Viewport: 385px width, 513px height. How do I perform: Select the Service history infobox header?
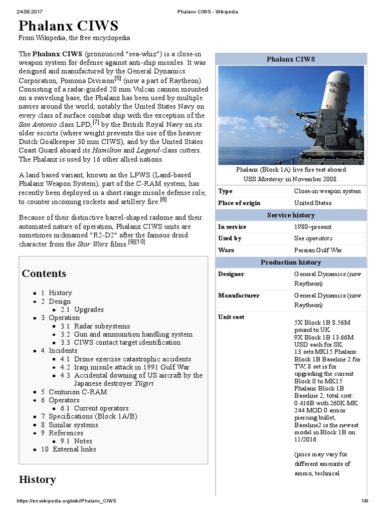(291, 215)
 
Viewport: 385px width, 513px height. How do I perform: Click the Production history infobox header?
(291, 263)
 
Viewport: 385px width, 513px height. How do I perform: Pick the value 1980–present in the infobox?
(313, 227)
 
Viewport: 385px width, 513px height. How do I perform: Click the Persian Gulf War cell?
(318, 250)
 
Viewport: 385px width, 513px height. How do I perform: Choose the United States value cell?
(312, 203)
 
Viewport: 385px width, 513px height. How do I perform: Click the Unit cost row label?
(231, 317)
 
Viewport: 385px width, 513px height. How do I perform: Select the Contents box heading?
(44, 273)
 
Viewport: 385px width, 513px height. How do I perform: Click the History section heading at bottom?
(37, 479)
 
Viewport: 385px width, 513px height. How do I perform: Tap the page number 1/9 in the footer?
(364, 501)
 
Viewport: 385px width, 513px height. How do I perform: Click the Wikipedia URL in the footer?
(67, 501)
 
